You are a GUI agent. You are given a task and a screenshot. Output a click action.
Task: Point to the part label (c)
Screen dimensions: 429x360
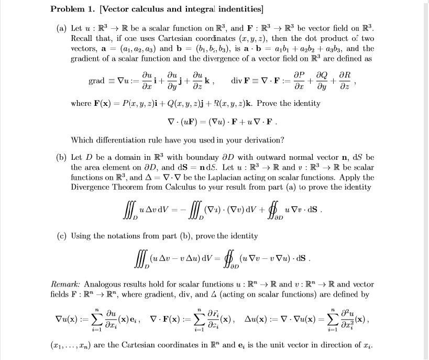[x=62, y=236]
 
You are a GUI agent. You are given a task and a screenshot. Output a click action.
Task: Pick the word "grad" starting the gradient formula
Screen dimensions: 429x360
[x=97, y=82]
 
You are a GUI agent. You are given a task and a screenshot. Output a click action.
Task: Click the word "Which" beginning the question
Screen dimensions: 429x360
[x=82, y=140]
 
